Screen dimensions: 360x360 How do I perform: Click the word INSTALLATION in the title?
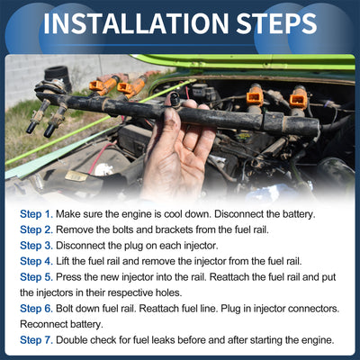pyautogui.click(x=136, y=23)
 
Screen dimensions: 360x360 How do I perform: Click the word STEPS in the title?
pyautogui.click(x=276, y=23)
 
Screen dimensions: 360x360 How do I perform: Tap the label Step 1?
pyautogui.click(x=36, y=214)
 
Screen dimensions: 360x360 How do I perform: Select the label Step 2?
pyautogui.click(x=36, y=229)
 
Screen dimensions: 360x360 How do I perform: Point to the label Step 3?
pyautogui.click(x=36, y=246)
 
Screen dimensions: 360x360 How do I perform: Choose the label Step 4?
pyautogui.click(x=36, y=261)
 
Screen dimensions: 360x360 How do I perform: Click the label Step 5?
pyautogui.click(x=36, y=277)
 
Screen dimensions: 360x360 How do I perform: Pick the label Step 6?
pyautogui.click(x=36, y=309)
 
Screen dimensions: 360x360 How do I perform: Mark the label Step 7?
pyautogui.click(x=36, y=340)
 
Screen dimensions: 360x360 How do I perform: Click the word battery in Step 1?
pyautogui.click(x=299, y=214)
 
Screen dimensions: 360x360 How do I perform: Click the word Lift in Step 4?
pyautogui.click(x=63, y=261)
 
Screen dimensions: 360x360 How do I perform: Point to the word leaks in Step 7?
pyautogui.click(x=163, y=340)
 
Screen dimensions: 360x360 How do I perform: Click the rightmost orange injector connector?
pyautogui.click(x=299, y=98)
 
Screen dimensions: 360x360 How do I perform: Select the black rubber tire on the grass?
pyautogui.click(x=57, y=76)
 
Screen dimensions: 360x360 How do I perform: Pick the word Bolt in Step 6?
pyautogui.click(x=65, y=309)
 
